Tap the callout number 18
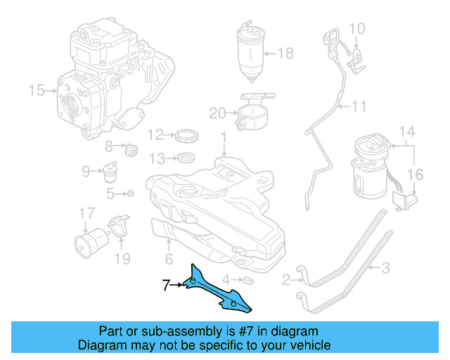point(285,53)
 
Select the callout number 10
point(357,29)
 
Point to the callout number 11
point(360,107)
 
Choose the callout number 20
point(217,112)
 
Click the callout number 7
point(166,285)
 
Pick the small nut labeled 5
point(130,193)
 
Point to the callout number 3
point(385,267)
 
